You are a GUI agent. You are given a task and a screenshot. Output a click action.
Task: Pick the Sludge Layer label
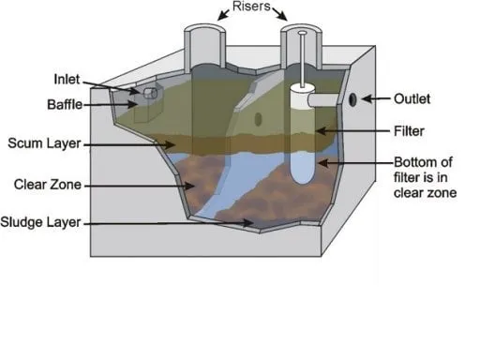[x=43, y=222]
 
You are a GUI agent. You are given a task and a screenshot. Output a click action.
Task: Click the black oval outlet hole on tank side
[x=352, y=98]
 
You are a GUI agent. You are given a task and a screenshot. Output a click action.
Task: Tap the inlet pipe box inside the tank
[x=150, y=95]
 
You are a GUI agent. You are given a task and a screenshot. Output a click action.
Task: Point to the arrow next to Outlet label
[x=373, y=97]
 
